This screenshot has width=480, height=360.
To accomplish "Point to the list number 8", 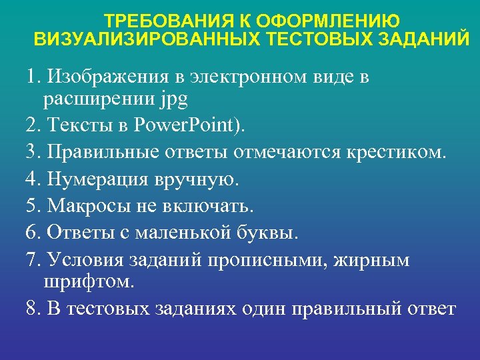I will (31, 309).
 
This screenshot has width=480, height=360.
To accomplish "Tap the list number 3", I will (31, 152).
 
